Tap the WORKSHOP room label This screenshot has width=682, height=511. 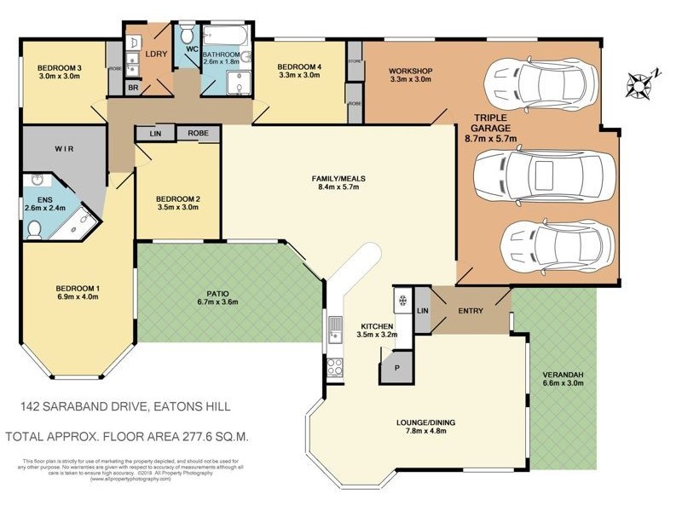(x=410, y=70)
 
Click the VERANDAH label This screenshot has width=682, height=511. (x=563, y=376)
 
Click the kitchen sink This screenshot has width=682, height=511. (x=333, y=328)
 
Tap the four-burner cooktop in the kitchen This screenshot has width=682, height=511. (x=335, y=368)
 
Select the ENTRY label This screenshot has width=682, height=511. (x=470, y=311)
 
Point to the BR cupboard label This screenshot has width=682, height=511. (x=133, y=88)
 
